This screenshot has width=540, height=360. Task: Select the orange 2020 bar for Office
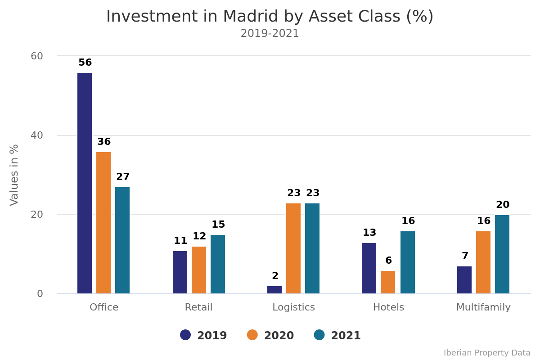[x=103, y=223]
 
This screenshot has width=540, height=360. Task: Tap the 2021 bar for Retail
[x=218, y=264]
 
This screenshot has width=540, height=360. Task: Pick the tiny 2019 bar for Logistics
[x=274, y=290]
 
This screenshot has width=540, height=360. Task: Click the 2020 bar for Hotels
[x=388, y=282]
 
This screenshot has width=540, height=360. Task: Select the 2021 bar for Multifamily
[x=502, y=254]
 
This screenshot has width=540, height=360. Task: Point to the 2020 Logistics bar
[x=293, y=248]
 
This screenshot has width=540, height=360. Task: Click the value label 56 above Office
[x=85, y=63]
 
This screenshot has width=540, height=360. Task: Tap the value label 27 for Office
[x=123, y=177]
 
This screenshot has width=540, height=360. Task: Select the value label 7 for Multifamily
[x=465, y=256]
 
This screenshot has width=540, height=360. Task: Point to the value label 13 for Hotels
[x=369, y=233]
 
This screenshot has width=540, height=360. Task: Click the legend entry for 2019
[x=204, y=336]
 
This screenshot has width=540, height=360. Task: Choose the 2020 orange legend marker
[x=252, y=335]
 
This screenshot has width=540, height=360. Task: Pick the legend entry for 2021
[x=337, y=336]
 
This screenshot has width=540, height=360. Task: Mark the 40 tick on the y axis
[x=37, y=135]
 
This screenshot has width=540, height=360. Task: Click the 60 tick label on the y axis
[x=37, y=56]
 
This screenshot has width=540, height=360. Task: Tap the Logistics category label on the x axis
[x=293, y=308]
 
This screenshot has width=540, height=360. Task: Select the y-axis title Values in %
[x=14, y=175]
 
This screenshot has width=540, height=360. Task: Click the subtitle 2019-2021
[x=270, y=34]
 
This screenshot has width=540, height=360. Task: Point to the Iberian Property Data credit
[x=487, y=353]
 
